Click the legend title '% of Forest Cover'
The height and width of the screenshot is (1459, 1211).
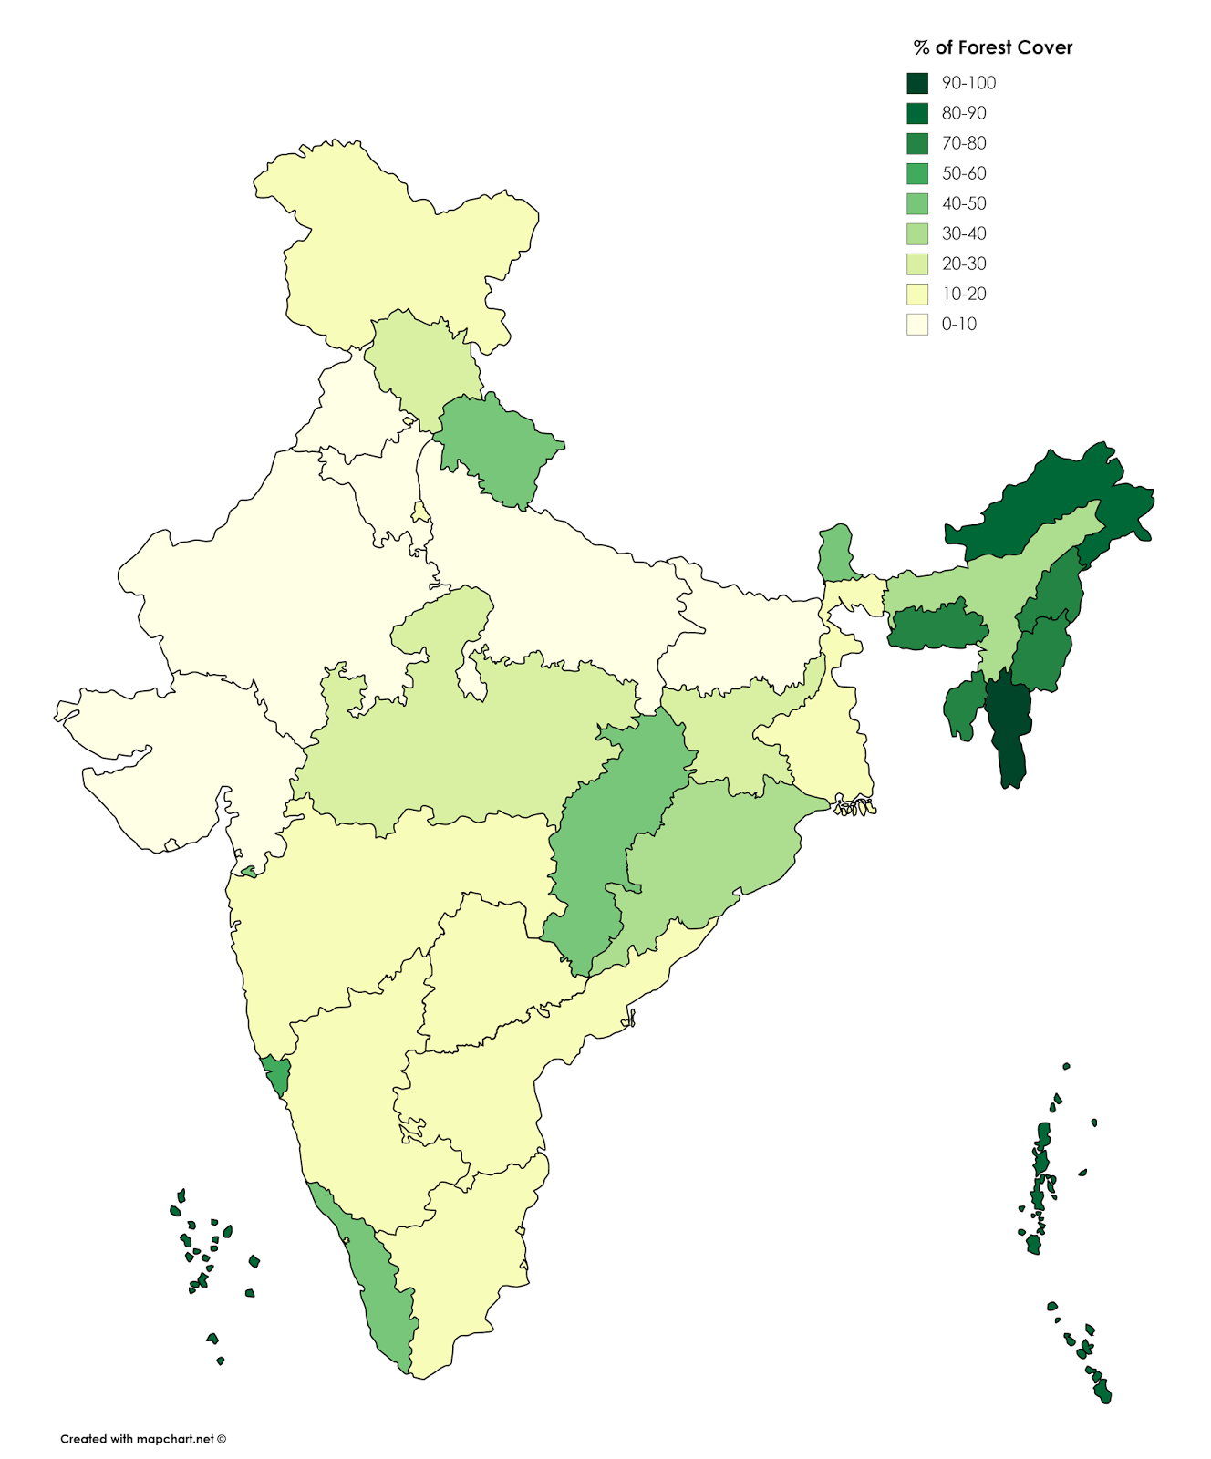click(993, 48)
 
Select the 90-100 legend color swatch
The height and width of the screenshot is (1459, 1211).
click(916, 83)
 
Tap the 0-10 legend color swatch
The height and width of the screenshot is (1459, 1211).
click(916, 324)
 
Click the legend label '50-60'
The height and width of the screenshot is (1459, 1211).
click(964, 173)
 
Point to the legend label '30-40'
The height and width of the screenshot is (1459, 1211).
click(964, 233)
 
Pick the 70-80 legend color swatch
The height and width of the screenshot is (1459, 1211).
click(916, 143)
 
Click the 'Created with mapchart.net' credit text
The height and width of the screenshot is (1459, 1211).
click(142, 1439)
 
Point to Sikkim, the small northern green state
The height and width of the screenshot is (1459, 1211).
click(836, 552)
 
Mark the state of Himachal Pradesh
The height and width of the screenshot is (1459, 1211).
click(424, 365)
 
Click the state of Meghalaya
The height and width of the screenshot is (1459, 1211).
click(935, 629)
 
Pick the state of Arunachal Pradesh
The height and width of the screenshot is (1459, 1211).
click(1049, 502)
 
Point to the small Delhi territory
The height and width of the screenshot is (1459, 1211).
click(419, 512)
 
